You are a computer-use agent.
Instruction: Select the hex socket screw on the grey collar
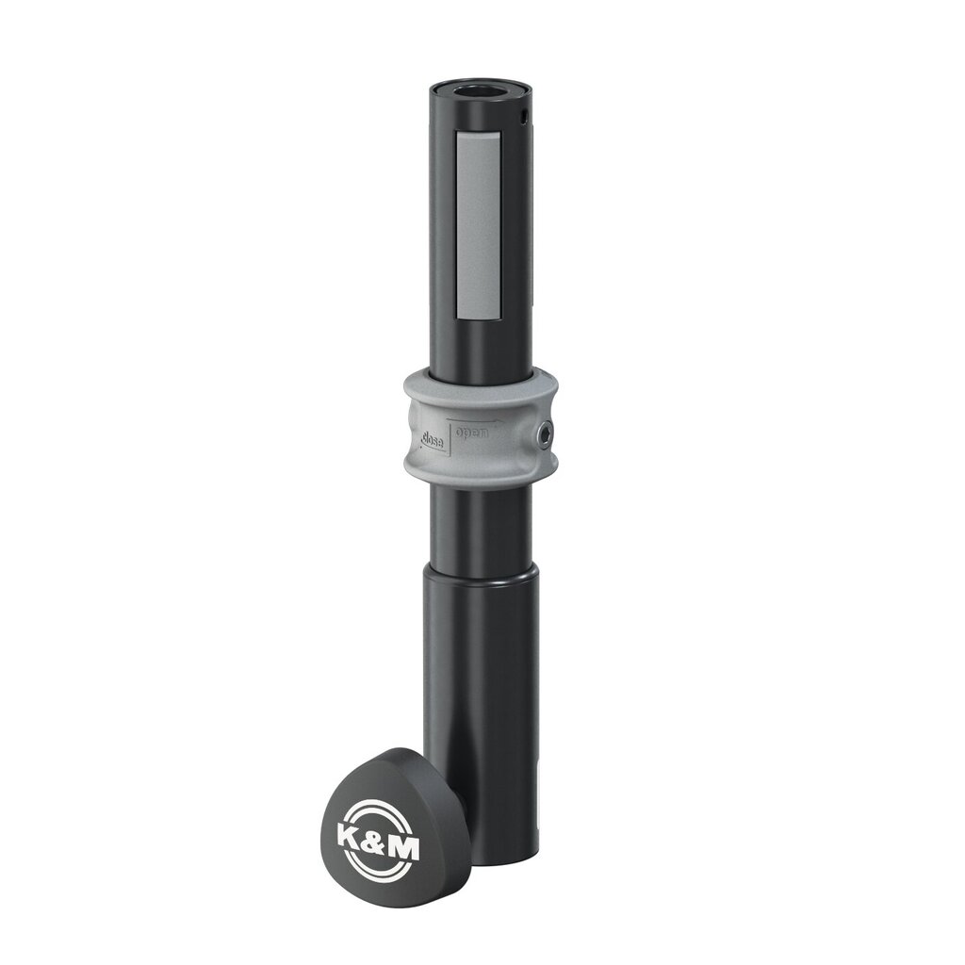tap(546, 433)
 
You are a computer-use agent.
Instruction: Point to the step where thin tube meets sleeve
tap(481, 569)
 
